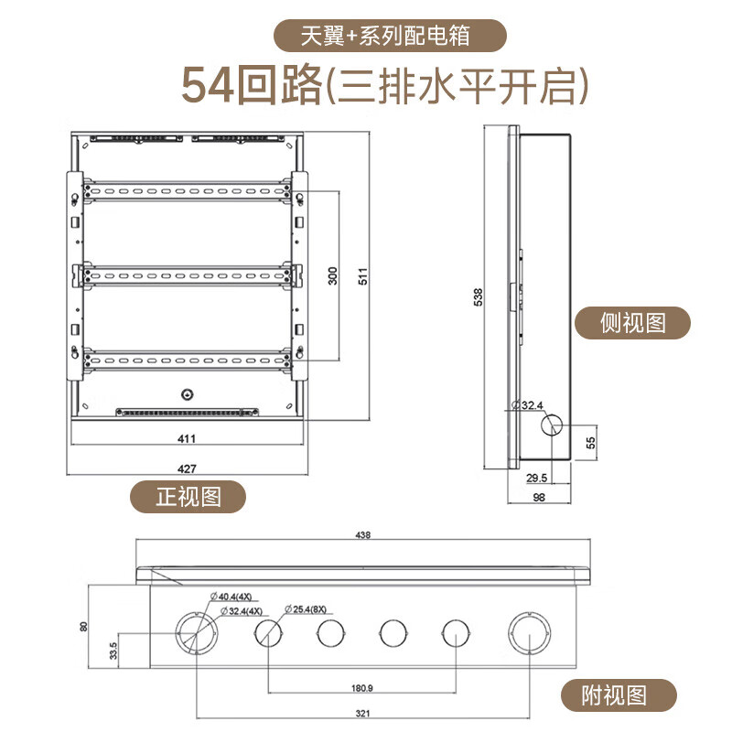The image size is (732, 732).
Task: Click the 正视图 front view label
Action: pyautogui.click(x=188, y=496)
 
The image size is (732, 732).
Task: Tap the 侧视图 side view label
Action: pyautogui.click(x=632, y=323)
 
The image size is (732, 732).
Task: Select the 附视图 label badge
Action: pyautogui.click(x=619, y=695)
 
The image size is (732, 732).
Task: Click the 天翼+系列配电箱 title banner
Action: pyautogui.click(x=390, y=36)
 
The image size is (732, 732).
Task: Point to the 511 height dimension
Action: pyautogui.click(x=362, y=276)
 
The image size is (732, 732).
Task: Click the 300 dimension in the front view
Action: pyautogui.click(x=332, y=276)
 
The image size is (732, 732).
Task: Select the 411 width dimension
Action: pyautogui.click(x=187, y=438)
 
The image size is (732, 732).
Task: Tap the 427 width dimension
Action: pyautogui.click(x=187, y=468)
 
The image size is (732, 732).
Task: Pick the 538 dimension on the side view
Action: pyautogui.click(x=478, y=296)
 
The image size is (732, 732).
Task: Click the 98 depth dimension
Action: pyautogui.click(x=539, y=498)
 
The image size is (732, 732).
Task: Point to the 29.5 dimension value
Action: pyautogui.click(x=536, y=478)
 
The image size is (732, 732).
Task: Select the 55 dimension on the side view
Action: pyautogui.click(x=590, y=443)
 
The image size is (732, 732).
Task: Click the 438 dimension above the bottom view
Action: pyautogui.click(x=362, y=535)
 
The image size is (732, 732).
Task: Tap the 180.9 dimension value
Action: pyautogui.click(x=361, y=688)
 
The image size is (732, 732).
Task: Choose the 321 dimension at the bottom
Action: pyautogui.click(x=362, y=714)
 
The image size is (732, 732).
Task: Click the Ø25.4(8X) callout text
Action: pyautogui.click(x=306, y=609)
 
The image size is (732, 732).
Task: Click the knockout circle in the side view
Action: pyautogui.click(x=552, y=425)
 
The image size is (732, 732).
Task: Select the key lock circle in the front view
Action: pyautogui.click(x=188, y=395)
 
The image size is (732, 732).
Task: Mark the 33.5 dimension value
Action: pyautogui.click(x=113, y=651)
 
